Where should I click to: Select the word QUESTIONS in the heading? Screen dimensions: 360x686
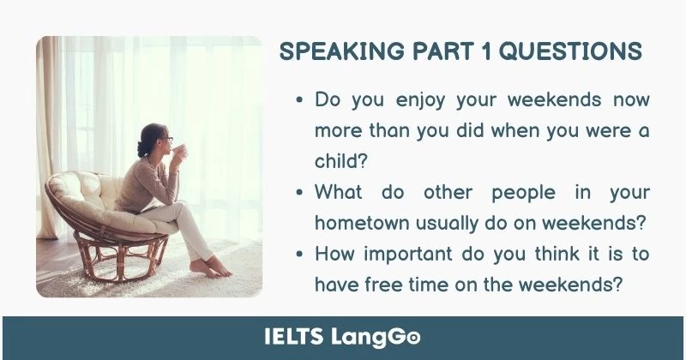(x=570, y=51)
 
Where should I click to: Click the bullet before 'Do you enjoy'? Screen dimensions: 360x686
(x=299, y=100)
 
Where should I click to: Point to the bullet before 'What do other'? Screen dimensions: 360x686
(x=299, y=193)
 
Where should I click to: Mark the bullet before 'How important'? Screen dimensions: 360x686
(x=299, y=255)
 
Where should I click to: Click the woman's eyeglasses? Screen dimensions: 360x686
(x=165, y=139)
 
